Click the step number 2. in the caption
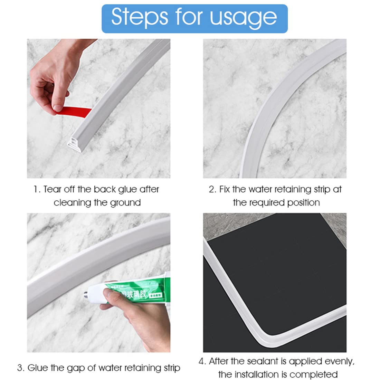[x=212, y=189]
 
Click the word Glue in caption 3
[x=37, y=368]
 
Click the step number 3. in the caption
[x=21, y=368]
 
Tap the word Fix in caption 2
[x=225, y=189]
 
